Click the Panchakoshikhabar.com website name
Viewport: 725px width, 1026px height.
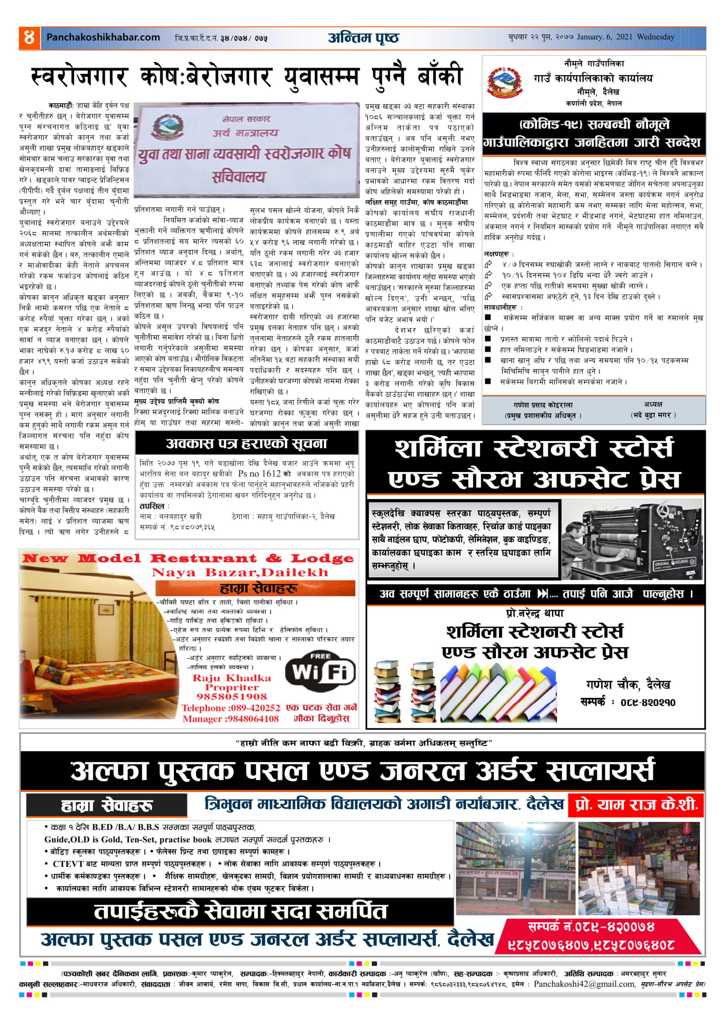click(x=103, y=37)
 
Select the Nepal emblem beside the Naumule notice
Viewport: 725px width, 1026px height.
click(x=505, y=82)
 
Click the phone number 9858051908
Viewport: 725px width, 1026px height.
click(x=232, y=697)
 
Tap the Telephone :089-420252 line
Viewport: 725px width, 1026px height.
click(x=230, y=708)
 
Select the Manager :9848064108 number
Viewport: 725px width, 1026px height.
click(x=230, y=719)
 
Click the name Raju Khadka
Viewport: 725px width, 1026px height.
click(x=232, y=678)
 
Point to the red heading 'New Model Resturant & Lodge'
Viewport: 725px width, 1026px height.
click(x=187, y=558)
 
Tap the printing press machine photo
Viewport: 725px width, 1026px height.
click(x=632, y=540)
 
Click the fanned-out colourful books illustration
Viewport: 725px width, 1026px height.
click(x=498, y=692)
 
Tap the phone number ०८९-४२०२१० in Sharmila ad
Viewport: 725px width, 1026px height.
click(x=648, y=703)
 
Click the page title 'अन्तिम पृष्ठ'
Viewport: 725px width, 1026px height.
click(x=363, y=38)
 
